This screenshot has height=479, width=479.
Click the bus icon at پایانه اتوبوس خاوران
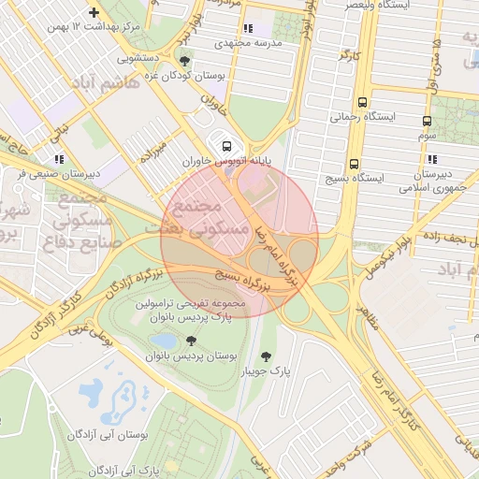click(x=226, y=145)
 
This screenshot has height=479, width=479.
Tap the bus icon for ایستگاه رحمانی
click(x=362, y=103)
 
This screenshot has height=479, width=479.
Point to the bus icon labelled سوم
click(x=428, y=121)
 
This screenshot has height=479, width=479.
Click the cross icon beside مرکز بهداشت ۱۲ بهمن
click(x=93, y=12)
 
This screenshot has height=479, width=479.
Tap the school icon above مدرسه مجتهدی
click(x=247, y=29)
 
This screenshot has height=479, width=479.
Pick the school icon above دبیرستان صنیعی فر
click(x=59, y=160)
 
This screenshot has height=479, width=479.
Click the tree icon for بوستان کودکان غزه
click(x=184, y=62)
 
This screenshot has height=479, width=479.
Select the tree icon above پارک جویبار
click(x=266, y=356)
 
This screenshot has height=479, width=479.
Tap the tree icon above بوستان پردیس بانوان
click(x=191, y=341)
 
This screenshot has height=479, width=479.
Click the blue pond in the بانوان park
click(x=163, y=341)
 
